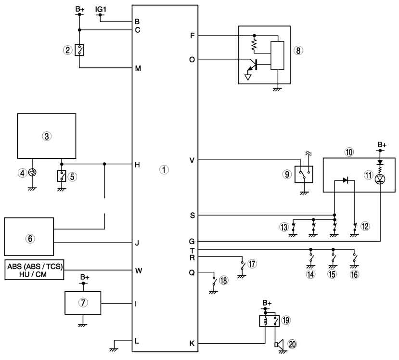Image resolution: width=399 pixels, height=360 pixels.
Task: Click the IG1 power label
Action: click(x=101, y=9)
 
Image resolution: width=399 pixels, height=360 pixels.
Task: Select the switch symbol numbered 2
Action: click(x=79, y=50)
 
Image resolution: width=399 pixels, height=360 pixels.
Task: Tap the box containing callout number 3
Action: click(x=47, y=136)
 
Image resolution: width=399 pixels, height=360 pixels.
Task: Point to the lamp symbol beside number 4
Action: click(x=32, y=173)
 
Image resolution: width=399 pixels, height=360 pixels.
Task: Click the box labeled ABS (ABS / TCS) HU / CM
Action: click(x=34, y=270)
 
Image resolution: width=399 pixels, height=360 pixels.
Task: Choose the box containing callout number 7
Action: click(x=83, y=303)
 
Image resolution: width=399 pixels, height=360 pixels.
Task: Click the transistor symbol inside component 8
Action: click(x=253, y=65)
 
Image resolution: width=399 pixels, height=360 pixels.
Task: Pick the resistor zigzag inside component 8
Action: click(x=254, y=44)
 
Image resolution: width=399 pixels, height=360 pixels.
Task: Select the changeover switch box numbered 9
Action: click(x=304, y=174)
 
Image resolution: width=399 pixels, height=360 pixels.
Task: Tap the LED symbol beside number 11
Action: click(x=380, y=179)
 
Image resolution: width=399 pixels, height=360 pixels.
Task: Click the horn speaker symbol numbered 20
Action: click(x=279, y=345)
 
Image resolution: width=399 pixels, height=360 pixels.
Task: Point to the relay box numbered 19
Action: click(x=269, y=321)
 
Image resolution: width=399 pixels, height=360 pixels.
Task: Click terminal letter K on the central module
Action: click(x=192, y=344)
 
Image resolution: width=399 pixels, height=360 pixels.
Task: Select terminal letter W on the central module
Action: click(x=139, y=270)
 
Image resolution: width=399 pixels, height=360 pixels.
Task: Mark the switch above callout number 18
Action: click(x=214, y=282)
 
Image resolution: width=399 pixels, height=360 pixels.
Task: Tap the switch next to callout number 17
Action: click(x=242, y=266)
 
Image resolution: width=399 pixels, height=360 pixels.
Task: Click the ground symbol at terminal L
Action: click(x=114, y=350)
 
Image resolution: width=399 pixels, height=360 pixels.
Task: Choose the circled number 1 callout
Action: click(x=164, y=169)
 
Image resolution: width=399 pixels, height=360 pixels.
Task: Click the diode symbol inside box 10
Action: click(x=345, y=180)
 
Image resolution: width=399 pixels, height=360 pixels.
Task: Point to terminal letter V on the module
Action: click(x=192, y=160)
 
